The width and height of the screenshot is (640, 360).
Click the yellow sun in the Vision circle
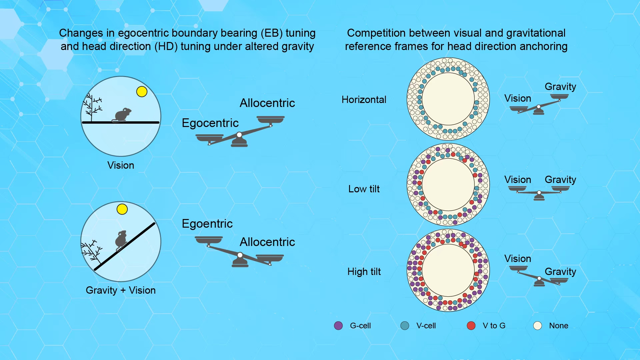[x=142, y=91]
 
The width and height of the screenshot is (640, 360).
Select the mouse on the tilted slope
[x=121, y=240]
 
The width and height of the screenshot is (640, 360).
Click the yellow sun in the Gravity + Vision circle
[x=122, y=209]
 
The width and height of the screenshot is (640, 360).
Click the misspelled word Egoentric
[x=207, y=224]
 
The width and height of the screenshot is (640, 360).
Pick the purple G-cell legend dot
[x=338, y=326]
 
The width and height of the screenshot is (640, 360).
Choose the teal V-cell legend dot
[x=405, y=326]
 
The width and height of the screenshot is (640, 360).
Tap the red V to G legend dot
[x=471, y=326]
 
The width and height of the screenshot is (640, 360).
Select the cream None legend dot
[x=537, y=326]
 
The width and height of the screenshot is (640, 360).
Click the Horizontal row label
[x=364, y=100]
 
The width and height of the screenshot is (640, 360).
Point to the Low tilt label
[x=364, y=189]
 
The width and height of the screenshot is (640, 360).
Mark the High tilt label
[x=364, y=272]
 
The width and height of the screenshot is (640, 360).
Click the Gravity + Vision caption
[x=121, y=290]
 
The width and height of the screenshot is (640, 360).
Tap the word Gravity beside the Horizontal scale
[x=560, y=87]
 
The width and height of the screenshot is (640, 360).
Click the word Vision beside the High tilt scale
[x=518, y=259]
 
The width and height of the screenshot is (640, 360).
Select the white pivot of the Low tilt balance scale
[x=539, y=193]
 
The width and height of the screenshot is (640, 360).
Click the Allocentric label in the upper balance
[x=267, y=103]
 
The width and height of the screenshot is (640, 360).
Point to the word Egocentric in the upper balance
[x=210, y=123]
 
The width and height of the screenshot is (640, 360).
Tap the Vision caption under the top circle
[x=121, y=165]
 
